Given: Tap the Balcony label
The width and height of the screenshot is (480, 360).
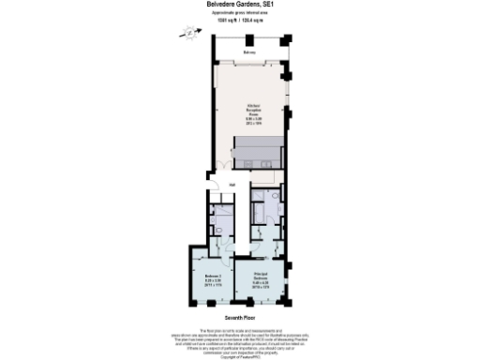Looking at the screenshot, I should pyautogui.click(x=248, y=53).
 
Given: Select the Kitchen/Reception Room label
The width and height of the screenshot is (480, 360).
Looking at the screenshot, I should pyautogui.click(x=253, y=109).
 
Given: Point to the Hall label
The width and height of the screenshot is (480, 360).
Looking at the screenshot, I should pyautogui.click(x=232, y=185).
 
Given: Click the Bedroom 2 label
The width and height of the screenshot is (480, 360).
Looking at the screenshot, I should pyautogui.click(x=213, y=275).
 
